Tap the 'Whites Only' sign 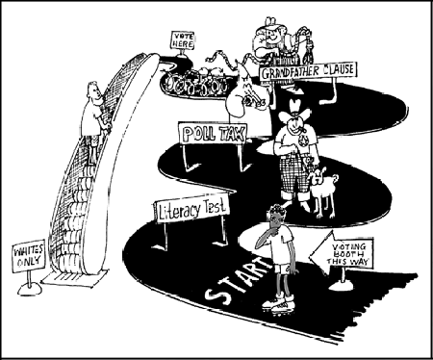(x=29, y=256)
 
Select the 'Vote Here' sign (x=183, y=40)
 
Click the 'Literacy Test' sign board (x=191, y=208)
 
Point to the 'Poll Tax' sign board (x=213, y=133)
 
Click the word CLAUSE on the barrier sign (x=339, y=69)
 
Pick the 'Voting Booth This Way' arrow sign (x=341, y=255)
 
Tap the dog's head (x=317, y=177)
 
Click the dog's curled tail (x=335, y=177)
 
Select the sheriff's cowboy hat (x=294, y=109)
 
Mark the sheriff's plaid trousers (x=293, y=175)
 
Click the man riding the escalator (x=94, y=122)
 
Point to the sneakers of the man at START (x=278, y=302)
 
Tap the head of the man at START (x=275, y=215)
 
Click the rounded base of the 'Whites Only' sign (x=30, y=289)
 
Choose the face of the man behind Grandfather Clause (x=272, y=34)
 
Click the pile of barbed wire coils (x=194, y=81)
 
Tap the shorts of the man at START (x=282, y=270)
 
